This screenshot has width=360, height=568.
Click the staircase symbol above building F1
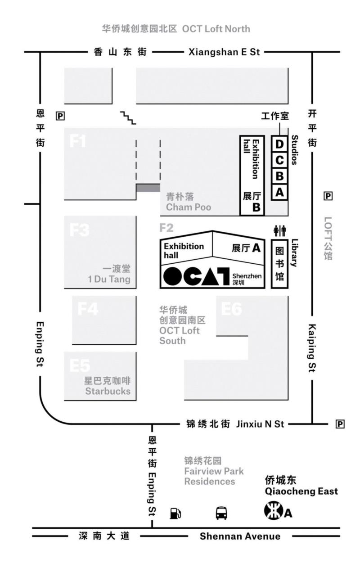point(128,117)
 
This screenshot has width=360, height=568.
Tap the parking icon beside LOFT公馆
point(328,196)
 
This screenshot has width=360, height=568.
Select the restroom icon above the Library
point(279,231)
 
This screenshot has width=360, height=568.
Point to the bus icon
point(221,513)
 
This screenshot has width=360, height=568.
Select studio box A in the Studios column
point(279,192)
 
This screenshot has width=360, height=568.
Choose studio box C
point(279,160)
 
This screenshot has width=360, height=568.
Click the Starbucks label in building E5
point(108,391)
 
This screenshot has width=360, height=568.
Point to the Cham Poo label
point(189,207)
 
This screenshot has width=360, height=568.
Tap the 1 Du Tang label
point(109,279)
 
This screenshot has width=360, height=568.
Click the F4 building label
point(88,309)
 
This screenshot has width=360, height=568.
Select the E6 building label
point(231,309)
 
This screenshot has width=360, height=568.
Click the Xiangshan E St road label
point(224,52)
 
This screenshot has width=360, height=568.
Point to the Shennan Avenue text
point(240,536)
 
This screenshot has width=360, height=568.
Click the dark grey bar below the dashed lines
point(148,188)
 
